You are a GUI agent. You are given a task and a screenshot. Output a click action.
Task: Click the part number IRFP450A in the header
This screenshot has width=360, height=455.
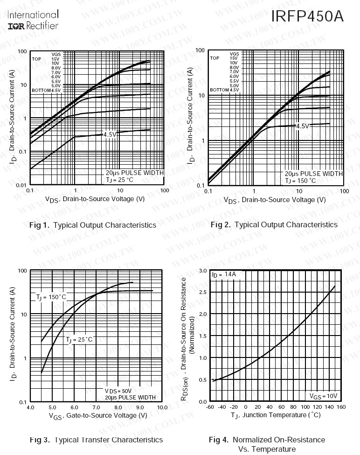(307, 17)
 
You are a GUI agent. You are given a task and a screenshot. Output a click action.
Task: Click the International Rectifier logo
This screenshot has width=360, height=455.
(33, 20)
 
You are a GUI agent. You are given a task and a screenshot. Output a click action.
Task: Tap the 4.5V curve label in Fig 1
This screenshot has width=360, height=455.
(109, 134)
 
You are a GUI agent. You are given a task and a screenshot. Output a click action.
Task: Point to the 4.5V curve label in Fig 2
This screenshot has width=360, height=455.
(303, 126)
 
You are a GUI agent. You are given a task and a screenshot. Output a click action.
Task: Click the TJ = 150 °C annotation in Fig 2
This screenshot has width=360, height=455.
(300, 181)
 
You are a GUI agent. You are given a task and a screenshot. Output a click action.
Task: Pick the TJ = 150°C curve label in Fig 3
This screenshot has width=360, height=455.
(51, 297)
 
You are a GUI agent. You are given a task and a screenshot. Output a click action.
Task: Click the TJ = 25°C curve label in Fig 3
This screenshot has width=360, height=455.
(79, 339)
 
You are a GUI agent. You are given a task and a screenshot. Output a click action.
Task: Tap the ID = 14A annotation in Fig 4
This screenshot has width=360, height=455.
(224, 274)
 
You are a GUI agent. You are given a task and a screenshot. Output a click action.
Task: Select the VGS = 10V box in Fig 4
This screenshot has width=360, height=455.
(323, 396)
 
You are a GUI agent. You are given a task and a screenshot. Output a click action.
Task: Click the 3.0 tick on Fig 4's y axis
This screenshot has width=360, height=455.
(203, 271)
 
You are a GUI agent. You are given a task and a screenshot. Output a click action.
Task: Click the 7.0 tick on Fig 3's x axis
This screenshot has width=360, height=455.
(96, 407)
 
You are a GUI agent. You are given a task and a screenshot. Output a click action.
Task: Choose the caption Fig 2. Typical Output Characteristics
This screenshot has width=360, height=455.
(274, 225)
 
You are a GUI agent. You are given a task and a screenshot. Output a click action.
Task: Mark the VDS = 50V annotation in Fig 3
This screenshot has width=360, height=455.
(118, 391)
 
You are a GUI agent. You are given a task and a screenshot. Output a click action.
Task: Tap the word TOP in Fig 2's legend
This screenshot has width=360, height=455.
(215, 58)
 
